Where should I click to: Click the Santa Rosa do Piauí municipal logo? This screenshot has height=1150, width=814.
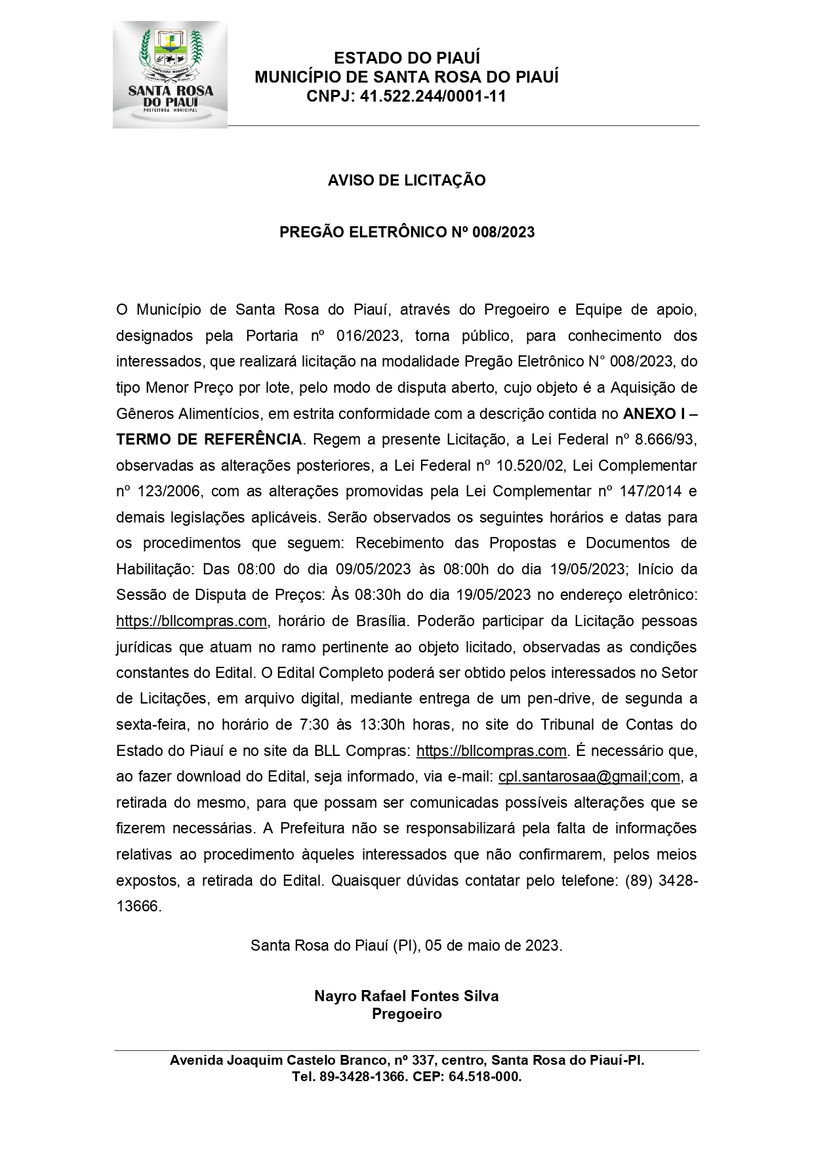tap(170, 74)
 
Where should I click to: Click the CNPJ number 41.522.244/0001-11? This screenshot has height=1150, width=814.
tap(434, 96)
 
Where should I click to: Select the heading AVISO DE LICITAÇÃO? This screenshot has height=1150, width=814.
tap(407, 180)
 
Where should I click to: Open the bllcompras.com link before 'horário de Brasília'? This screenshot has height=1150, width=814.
tap(192, 621)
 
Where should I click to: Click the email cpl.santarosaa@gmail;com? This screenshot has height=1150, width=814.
tap(589, 776)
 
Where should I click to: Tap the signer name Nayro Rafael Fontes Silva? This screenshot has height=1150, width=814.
tap(407, 996)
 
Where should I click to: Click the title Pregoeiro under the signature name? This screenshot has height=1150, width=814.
tap(407, 1014)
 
